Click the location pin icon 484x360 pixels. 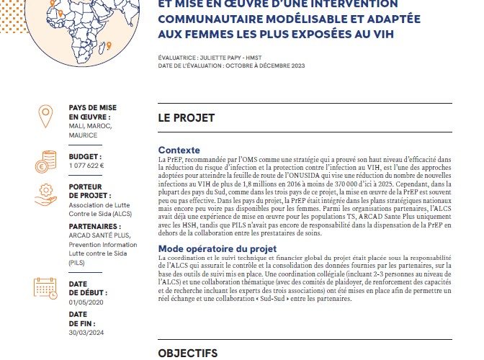tap(45, 115)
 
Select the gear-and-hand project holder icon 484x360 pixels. tap(45, 196)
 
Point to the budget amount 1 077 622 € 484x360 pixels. tap(86, 165)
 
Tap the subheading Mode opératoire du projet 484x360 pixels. tap(217, 249)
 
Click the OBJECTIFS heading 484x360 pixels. tap(188, 353)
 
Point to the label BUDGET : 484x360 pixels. tap(84, 156)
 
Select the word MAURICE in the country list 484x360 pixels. tap(84, 135)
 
